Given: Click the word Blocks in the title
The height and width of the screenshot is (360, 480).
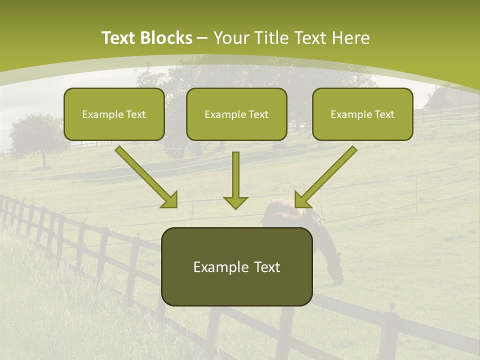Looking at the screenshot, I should point(167,38).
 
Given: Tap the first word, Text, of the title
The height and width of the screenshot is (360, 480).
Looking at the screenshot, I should point(119,38).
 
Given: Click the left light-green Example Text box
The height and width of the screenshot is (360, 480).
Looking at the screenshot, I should point(114,114).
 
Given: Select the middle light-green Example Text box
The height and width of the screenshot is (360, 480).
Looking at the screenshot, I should point(236,114).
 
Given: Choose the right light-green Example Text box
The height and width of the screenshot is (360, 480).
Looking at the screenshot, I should point(362,114).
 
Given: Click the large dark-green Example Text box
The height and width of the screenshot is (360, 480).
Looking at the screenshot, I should point(237,266).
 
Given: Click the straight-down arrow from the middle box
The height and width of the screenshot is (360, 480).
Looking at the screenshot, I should point(235,177).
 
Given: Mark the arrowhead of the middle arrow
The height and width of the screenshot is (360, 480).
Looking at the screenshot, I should point(235,202).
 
